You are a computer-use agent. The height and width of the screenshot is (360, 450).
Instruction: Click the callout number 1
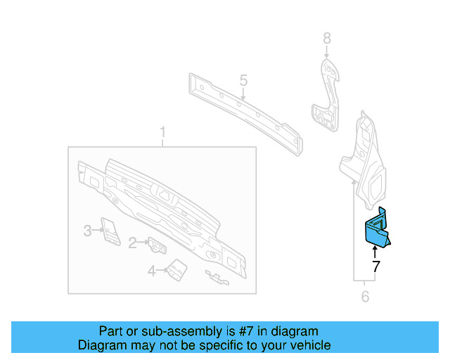162,132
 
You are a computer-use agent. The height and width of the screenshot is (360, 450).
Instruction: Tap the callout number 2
132,243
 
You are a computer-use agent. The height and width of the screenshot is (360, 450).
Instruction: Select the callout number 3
87,230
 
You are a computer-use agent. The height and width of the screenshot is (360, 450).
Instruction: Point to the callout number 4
151,271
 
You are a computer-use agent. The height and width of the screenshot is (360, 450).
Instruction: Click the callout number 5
243,80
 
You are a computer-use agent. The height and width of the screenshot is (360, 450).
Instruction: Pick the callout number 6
365,297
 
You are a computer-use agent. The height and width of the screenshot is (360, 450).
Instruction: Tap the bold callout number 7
375,266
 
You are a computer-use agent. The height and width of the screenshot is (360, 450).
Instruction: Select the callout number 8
326,38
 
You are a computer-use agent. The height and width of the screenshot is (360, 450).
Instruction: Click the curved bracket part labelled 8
325,98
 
